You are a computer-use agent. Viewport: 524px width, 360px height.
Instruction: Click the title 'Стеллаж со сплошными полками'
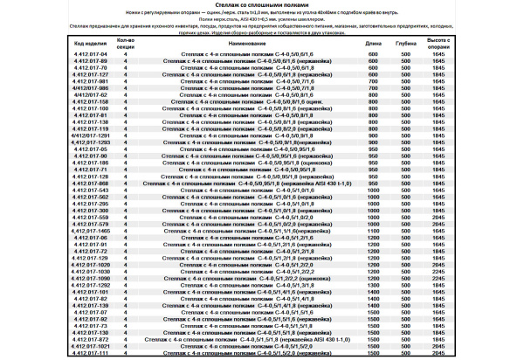262,5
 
